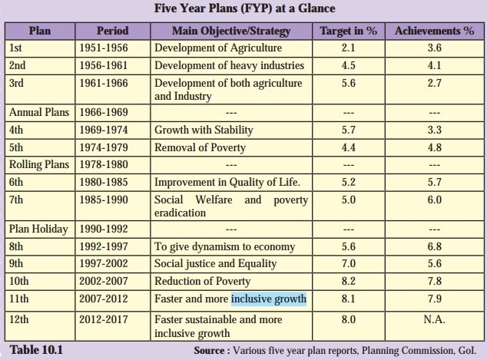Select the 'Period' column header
click(x=112, y=31)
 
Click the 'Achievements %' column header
click(x=434, y=31)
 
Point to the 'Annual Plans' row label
click(x=39, y=112)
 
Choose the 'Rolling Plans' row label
click(x=39, y=164)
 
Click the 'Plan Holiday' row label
click(x=38, y=229)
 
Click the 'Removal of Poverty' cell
click(x=200, y=147)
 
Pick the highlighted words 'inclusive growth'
click(x=269, y=299)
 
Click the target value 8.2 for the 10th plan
click(x=347, y=281)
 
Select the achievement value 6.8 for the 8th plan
click(x=434, y=247)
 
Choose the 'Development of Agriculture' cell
click(x=213, y=48)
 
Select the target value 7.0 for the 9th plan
click(x=347, y=264)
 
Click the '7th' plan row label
click(x=17, y=200)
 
